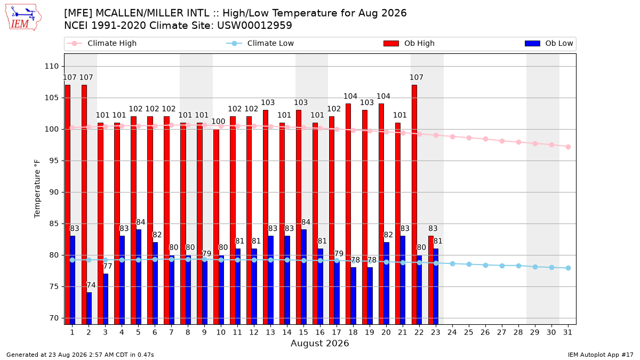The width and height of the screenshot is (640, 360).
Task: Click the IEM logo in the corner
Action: [x=23, y=18]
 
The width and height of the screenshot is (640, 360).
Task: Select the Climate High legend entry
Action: [x=101, y=43]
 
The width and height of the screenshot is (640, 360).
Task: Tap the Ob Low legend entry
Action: [x=549, y=43]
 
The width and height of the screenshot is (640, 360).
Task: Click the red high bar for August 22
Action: [x=414, y=205]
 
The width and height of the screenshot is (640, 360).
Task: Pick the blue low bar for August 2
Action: [x=89, y=309]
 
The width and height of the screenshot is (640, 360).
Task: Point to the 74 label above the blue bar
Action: [x=91, y=285]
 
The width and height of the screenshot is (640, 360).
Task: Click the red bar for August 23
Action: [x=430, y=281]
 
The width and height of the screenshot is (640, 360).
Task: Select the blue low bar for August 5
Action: [x=139, y=277]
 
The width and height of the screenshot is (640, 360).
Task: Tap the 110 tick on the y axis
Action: [x=51, y=66]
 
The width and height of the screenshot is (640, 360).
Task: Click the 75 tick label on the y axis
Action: [x=54, y=286]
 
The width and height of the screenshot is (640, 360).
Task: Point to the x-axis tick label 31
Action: [x=567, y=332]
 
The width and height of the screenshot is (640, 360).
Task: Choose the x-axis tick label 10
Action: [x=221, y=332]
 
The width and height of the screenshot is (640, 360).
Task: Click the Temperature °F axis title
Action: [x=37, y=189]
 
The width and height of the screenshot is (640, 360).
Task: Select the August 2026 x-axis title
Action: [x=319, y=343]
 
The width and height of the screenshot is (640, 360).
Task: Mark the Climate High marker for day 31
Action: [x=568, y=147]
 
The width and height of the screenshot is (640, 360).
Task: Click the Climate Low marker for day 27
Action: [x=502, y=266]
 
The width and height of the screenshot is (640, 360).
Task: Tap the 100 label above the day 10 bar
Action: [x=218, y=122]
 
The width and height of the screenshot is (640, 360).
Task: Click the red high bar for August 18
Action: [x=348, y=214]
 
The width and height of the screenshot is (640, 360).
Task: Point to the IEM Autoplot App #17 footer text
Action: [x=601, y=355]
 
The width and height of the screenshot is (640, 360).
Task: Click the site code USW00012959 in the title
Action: [x=254, y=26]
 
